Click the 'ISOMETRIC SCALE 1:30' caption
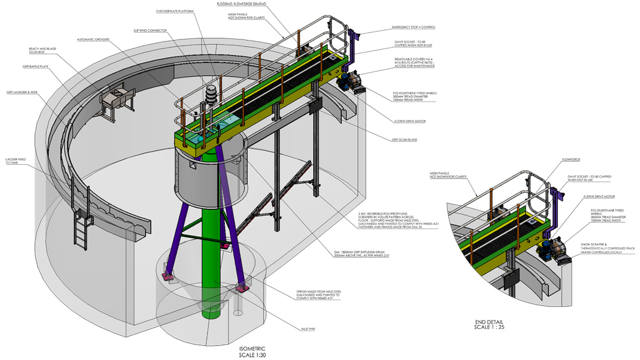(258, 350)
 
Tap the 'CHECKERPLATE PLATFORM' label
(174, 11)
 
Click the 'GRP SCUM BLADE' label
(405, 140)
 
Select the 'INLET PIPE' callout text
(307, 329)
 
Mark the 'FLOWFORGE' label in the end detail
(571, 159)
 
